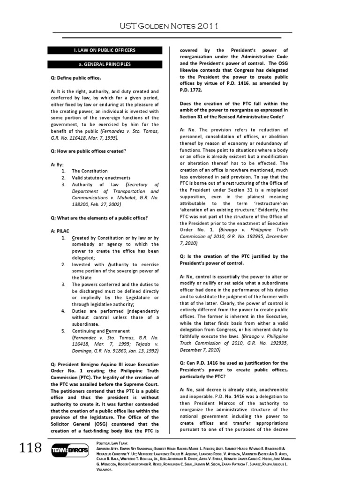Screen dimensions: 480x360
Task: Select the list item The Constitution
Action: pyautogui.click(x=90, y=171)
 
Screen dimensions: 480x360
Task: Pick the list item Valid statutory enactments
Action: pyautogui.click(x=101, y=178)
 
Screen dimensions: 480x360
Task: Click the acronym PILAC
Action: pyautogui.click(x=64, y=232)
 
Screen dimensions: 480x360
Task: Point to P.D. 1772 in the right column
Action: pyautogui.click(x=194, y=90)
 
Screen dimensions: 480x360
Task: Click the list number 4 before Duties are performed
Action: pyautogui.click(x=63, y=311)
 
